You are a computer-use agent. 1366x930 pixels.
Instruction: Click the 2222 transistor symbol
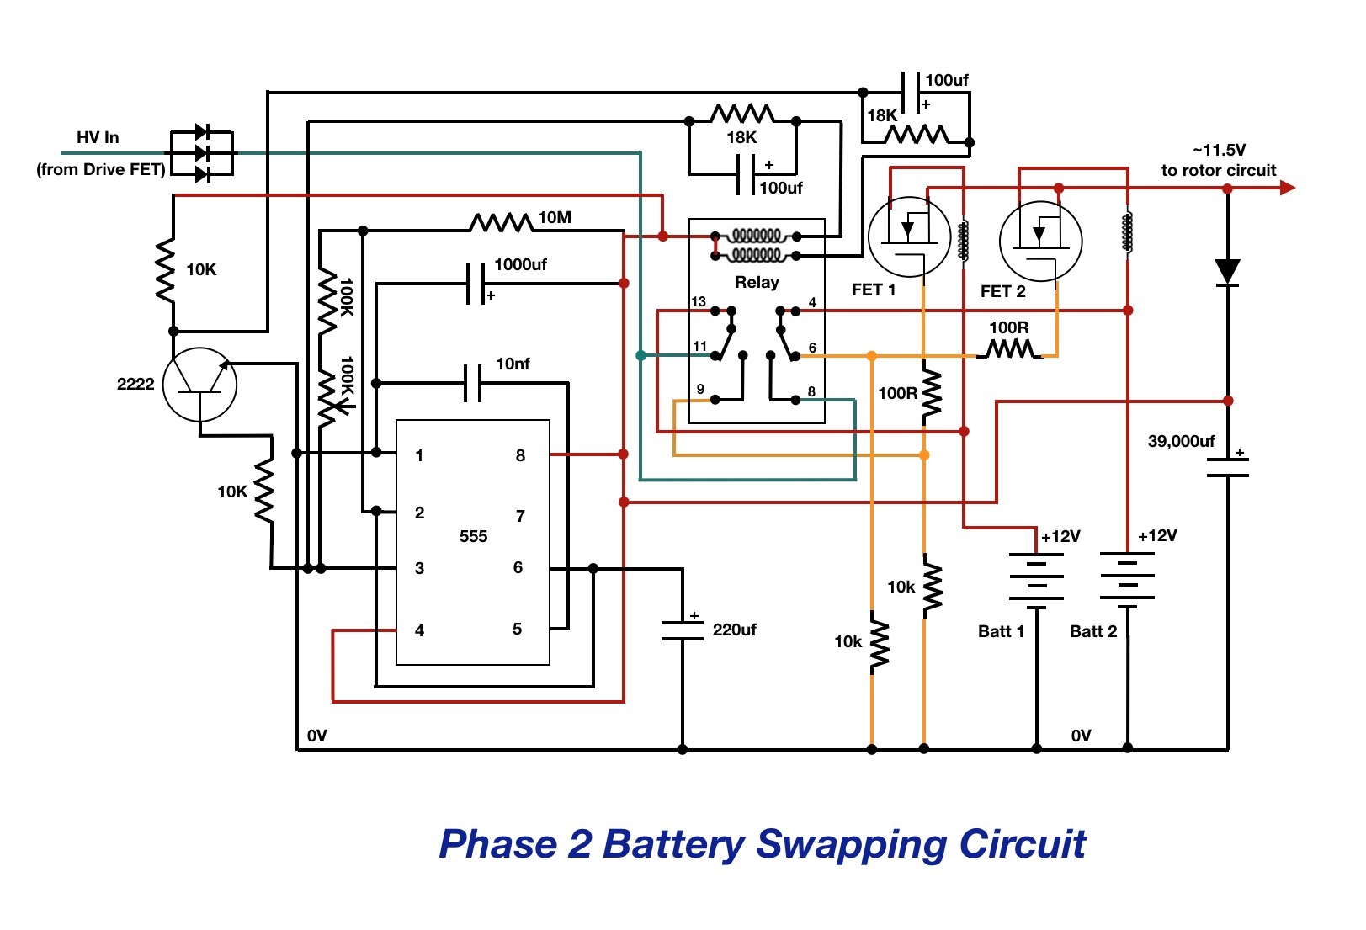(200, 385)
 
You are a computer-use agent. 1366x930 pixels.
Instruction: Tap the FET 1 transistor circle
(909, 236)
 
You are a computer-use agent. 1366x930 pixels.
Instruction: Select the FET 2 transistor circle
(1041, 242)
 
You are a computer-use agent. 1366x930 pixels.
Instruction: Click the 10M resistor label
(555, 218)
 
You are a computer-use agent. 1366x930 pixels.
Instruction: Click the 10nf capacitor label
(513, 364)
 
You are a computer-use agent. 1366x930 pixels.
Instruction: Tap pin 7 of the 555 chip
(520, 516)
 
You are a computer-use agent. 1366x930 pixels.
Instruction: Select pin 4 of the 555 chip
(419, 630)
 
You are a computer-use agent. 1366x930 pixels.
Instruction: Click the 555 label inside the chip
(473, 537)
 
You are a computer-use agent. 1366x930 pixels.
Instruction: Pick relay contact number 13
(699, 301)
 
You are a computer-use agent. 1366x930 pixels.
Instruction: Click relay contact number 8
(811, 391)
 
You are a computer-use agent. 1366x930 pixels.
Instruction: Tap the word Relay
(757, 282)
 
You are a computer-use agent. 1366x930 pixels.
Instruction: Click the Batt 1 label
(1001, 631)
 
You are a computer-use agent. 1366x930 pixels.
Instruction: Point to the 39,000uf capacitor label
(1181, 441)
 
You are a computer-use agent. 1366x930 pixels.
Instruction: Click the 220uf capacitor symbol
(683, 630)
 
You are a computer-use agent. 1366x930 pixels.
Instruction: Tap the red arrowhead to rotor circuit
(1287, 188)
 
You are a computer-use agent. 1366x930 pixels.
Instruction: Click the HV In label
(98, 137)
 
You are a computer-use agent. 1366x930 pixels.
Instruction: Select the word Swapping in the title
(852, 845)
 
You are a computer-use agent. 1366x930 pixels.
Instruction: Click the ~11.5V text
(1219, 150)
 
